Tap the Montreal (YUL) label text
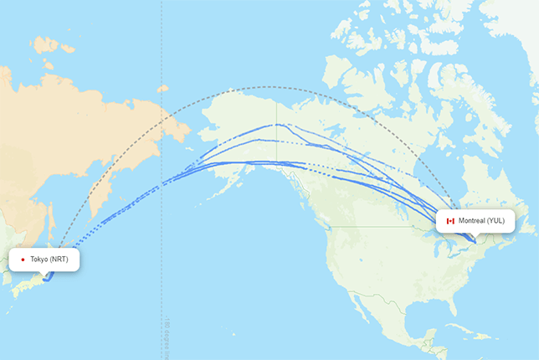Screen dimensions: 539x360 pos(481,221)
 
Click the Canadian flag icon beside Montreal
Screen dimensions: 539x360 pos(450,221)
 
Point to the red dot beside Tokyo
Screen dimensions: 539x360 pos(23,260)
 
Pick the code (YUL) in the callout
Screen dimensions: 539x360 pos(496,221)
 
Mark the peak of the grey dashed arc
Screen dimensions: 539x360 pos(268,87)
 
